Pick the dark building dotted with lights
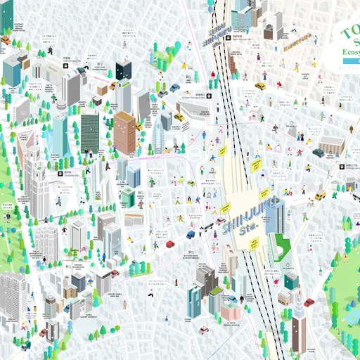click(124, 71)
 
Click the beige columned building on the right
click(331, 145)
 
